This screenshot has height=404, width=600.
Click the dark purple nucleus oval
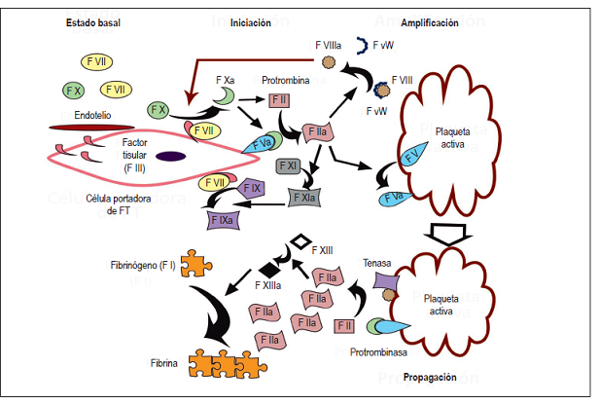click(x=171, y=156)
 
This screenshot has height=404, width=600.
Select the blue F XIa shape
click(x=308, y=199)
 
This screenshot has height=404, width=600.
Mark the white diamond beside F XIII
click(x=301, y=239)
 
